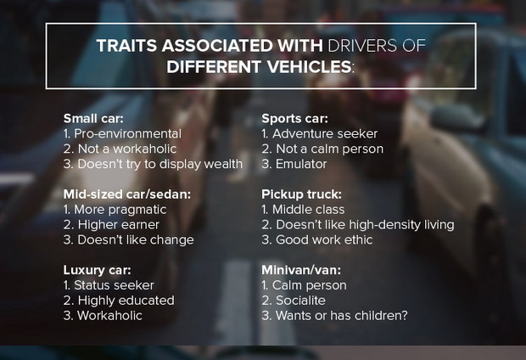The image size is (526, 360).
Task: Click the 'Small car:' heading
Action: pos(93,119)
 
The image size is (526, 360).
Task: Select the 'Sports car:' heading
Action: pos(294,119)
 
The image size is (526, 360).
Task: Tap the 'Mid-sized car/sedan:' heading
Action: pos(126,194)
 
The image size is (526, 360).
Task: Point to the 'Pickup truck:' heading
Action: pos(301,194)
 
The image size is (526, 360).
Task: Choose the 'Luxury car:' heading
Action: pos(97,270)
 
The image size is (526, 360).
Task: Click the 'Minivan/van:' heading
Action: pos(301,270)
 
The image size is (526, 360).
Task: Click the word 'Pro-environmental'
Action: pos(127,133)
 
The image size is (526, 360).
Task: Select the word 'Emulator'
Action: pos(301,164)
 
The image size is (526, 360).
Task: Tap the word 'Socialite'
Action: pos(300,301)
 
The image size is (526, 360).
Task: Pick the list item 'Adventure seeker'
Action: pos(325,133)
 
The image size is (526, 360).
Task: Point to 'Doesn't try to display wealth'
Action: pos(160,164)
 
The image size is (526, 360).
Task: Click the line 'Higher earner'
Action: pos(119,225)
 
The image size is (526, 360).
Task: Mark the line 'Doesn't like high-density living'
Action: pos(365,225)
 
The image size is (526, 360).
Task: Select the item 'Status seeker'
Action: pos(114,285)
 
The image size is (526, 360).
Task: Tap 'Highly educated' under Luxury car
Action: pos(126,301)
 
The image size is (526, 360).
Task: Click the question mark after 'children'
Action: pos(404,315)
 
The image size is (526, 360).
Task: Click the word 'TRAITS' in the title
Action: pos(126,46)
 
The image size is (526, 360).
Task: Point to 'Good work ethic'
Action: pos(324,239)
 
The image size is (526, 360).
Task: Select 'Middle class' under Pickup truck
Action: pos(308,210)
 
